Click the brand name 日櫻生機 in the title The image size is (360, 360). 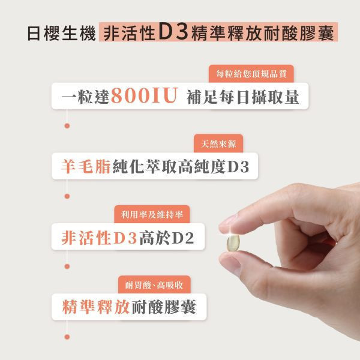pyautogui.click(x=61, y=32)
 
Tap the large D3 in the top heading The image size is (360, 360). pyautogui.click(x=171, y=32)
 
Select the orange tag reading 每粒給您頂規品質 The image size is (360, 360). pyautogui.click(x=251, y=74)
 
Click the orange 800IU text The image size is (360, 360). pyautogui.click(x=143, y=96)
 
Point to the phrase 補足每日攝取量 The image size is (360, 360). pyautogui.click(x=243, y=96)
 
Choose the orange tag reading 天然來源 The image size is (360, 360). pyautogui.click(x=218, y=143)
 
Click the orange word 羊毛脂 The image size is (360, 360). pyautogui.click(x=86, y=166)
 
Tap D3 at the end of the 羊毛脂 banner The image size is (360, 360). pyautogui.click(x=238, y=166)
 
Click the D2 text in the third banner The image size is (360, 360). pyautogui.click(x=183, y=237)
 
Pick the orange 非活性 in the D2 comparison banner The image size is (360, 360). pyautogui.click(x=88, y=237)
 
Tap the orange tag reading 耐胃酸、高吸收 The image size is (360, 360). pyautogui.click(x=154, y=284)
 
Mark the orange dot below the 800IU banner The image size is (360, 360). pyautogui.click(x=67, y=125)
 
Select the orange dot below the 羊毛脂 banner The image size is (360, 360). pyautogui.click(x=67, y=196)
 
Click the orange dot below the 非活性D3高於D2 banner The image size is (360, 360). pyautogui.click(x=67, y=266)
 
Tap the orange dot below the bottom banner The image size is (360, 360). pyautogui.click(x=67, y=336)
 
